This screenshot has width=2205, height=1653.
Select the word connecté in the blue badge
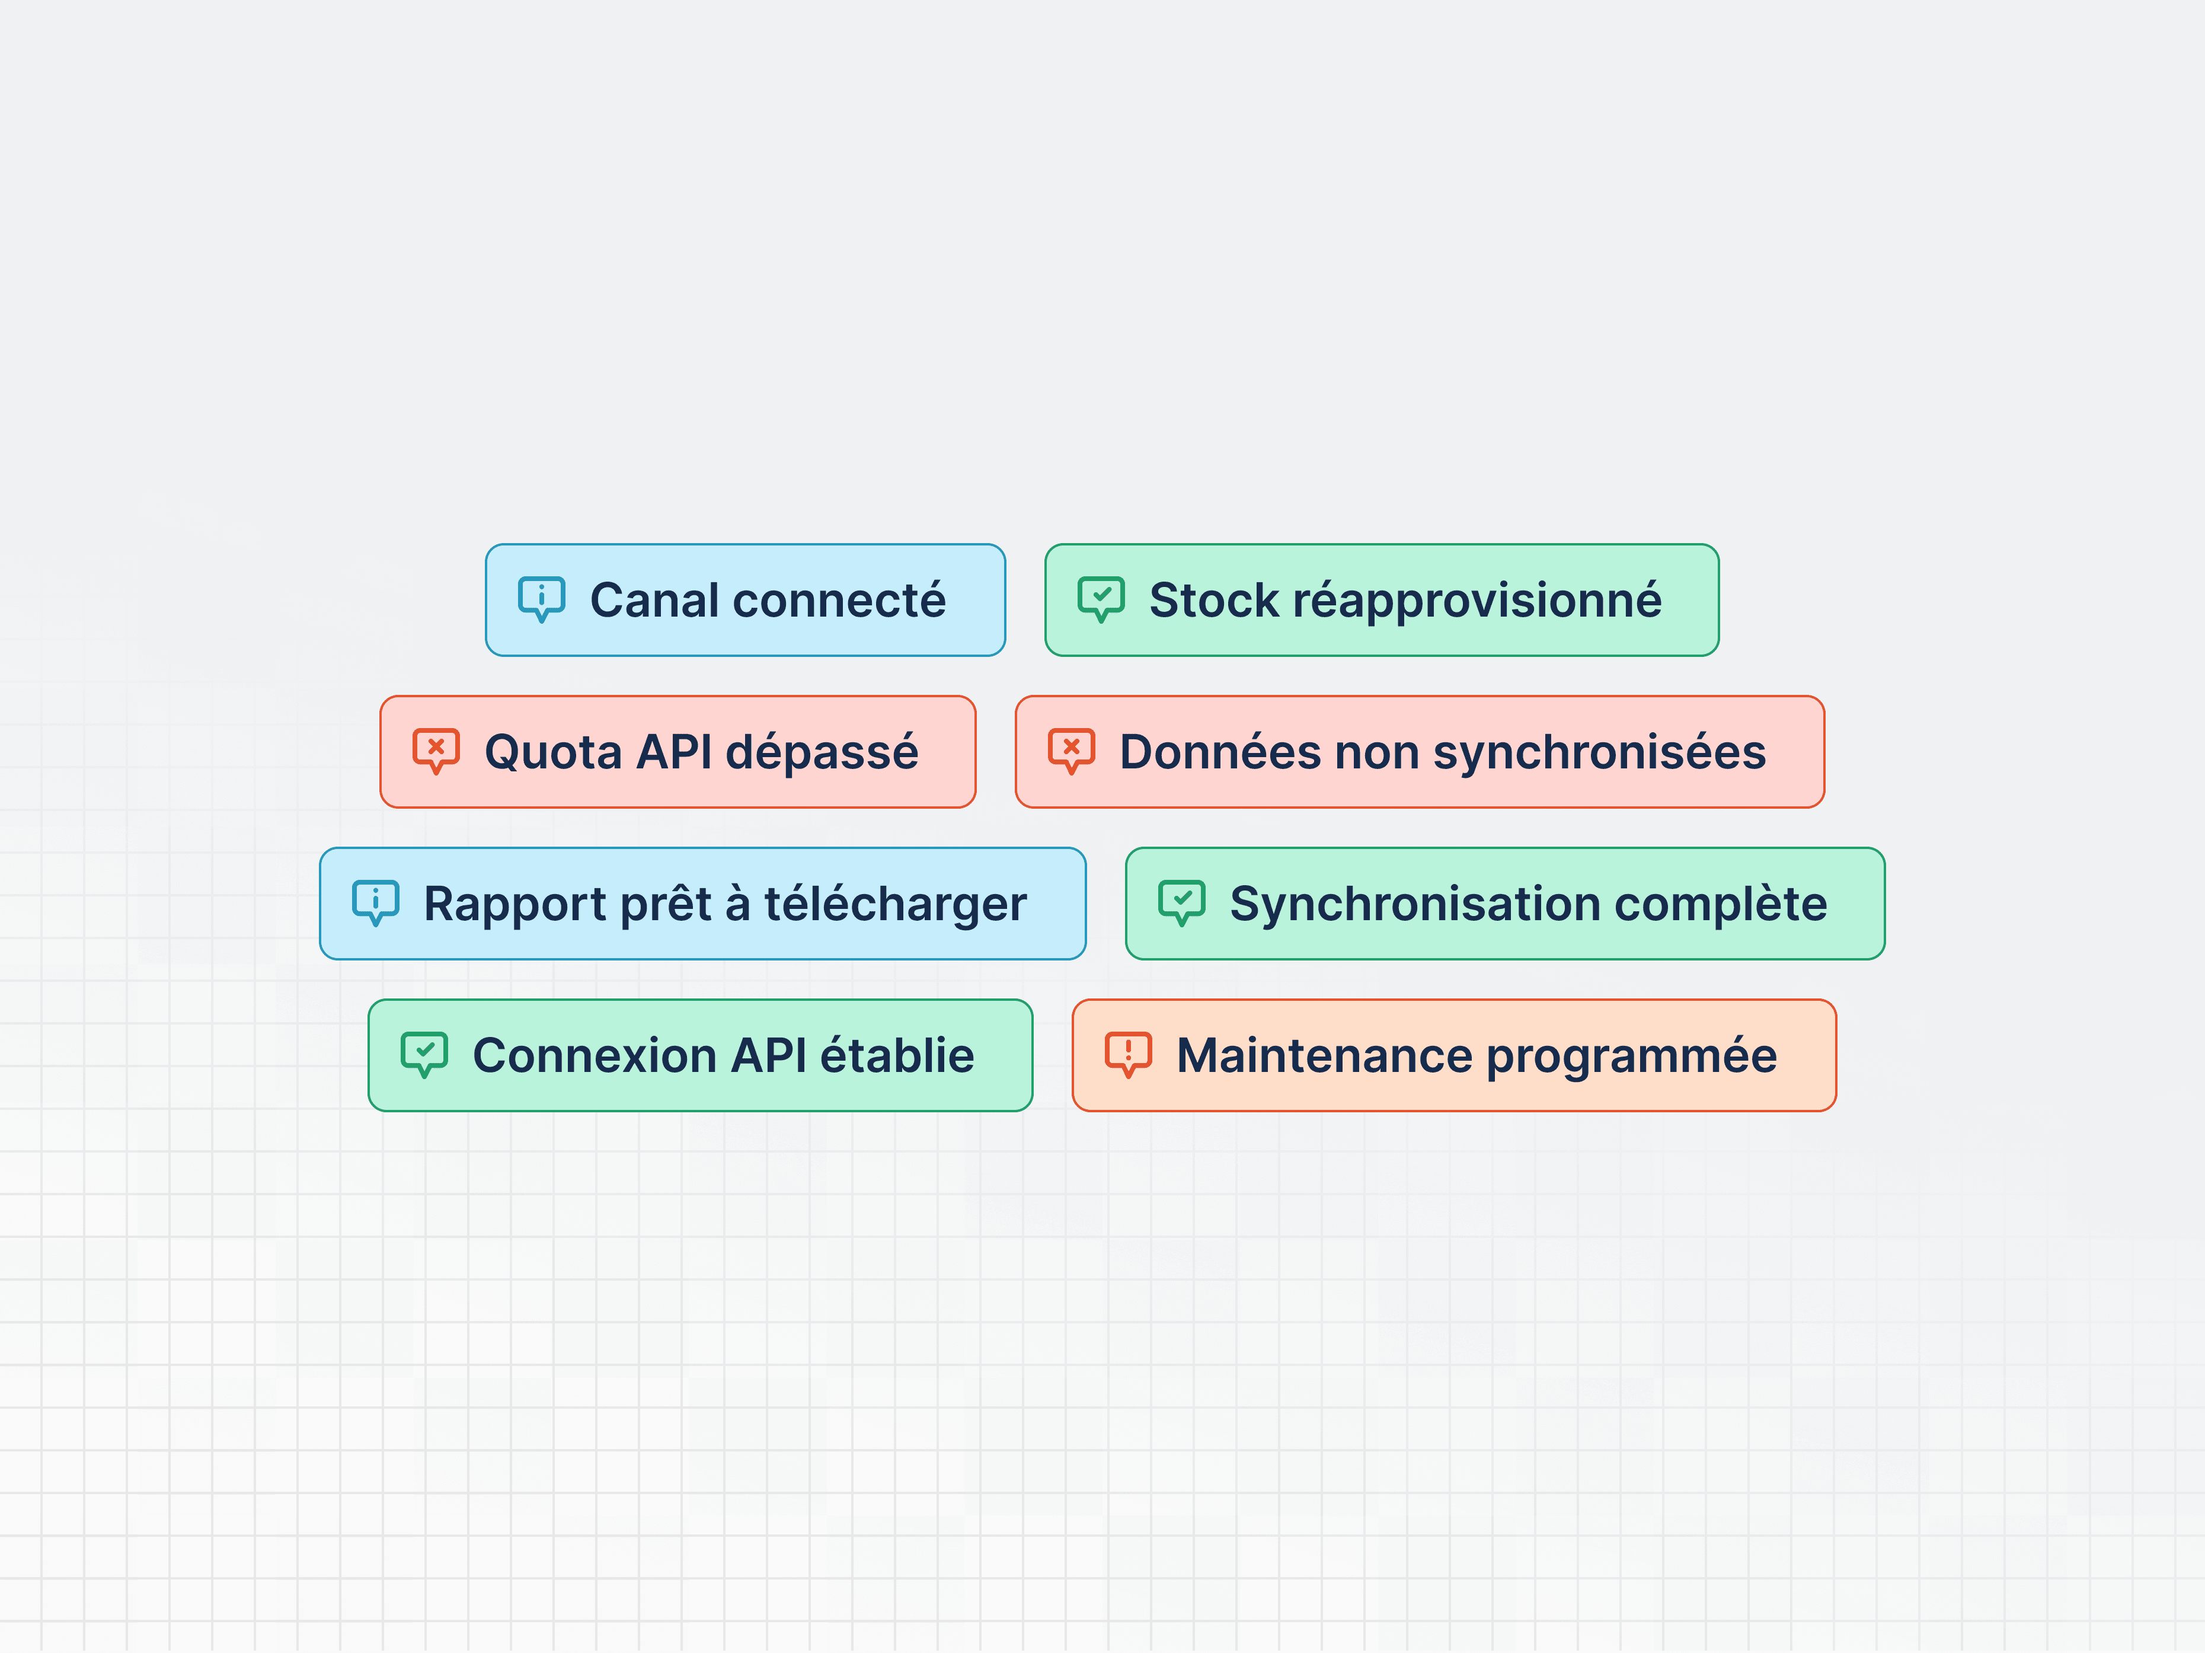click(x=839, y=600)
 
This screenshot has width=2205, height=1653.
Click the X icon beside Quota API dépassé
click(x=436, y=751)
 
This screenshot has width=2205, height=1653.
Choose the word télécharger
click(x=895, y=904)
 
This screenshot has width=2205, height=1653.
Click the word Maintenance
click(x=1324, y=1056)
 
